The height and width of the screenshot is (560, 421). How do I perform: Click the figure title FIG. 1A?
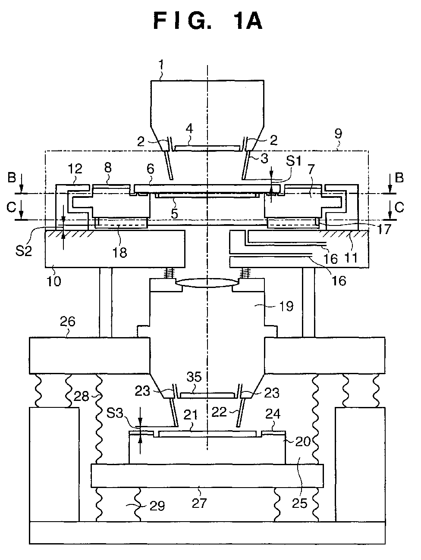[208, 22]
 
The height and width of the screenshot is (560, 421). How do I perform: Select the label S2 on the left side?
[23, 251]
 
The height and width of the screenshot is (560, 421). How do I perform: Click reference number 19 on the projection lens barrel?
[286, 306]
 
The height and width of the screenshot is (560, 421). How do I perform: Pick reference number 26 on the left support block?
[68, 322]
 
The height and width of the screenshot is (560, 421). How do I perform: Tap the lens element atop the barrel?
[207, 283]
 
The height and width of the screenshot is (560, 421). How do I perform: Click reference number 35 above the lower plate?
[194, 376]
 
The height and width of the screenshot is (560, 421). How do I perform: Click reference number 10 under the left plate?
[54, 281]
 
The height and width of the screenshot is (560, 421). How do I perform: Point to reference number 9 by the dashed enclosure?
[338, 134]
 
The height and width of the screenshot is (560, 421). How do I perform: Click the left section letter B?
[12, 178]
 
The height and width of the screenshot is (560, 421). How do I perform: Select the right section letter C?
[399, 207]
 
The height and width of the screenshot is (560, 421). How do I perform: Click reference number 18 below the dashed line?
[119, 253]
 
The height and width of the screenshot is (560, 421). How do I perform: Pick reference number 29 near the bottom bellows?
[157, 506]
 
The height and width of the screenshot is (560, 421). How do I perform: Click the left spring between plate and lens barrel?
[169, 273]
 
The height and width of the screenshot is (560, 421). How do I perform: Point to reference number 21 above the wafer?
[191, 414]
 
